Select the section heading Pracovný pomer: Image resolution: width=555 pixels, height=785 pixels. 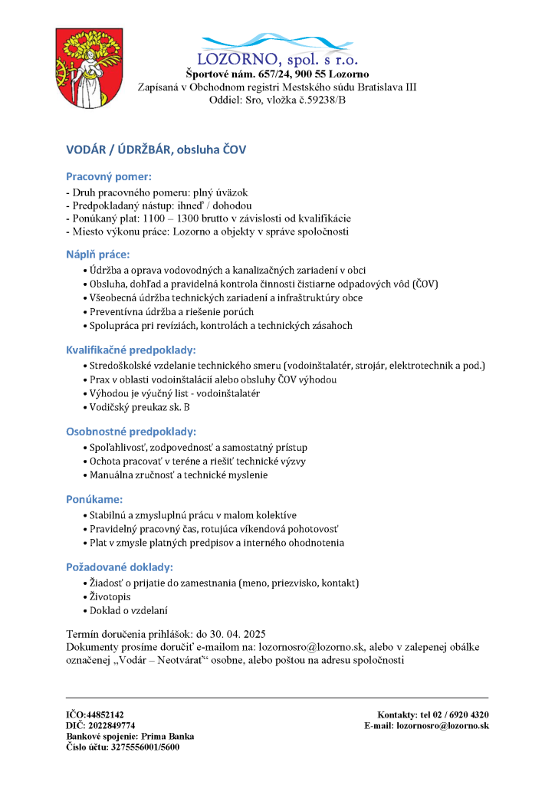click(x=108, y=176)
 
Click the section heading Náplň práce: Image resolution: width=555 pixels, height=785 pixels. click(x=98, y=254)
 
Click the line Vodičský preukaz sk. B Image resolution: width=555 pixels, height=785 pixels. click(x=140, y=407)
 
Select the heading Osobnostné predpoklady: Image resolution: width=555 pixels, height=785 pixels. click(x=131, y=431)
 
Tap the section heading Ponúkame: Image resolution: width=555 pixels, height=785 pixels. click(x=94, y=499)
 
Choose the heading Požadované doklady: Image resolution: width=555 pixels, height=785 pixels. click(x=119, y=567)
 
